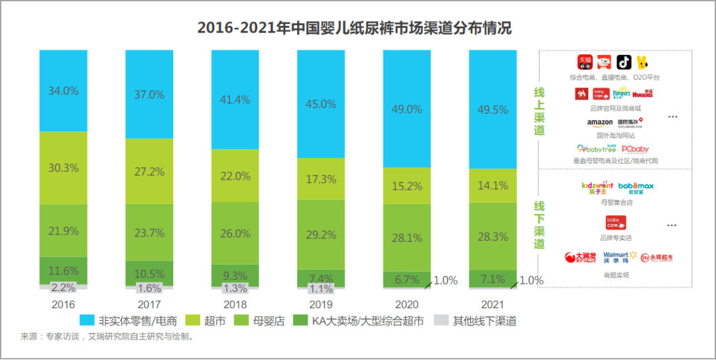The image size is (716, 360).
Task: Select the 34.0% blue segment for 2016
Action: tap(63, 91)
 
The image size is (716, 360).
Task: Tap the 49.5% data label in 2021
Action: tap(493, 109)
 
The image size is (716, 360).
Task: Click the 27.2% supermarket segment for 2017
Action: tap(149, 172)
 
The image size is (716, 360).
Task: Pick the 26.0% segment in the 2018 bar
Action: tap(235, 233)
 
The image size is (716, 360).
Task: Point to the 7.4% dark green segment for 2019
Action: tap(321, 278)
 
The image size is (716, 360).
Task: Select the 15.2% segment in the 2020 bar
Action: tap(406, 186)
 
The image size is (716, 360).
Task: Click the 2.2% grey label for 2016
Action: tap(63, 288)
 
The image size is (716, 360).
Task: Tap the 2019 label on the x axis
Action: tap(321, 304)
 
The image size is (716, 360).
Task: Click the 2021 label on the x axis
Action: tap(493, 304)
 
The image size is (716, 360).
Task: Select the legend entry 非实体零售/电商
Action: tap(130, 322)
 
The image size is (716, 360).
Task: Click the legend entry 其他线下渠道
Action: tap(477, 322)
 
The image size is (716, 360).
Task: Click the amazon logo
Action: tap(599, 123)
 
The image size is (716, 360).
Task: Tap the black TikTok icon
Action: tap(624, 62)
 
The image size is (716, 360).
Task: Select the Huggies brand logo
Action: tap(642, 94)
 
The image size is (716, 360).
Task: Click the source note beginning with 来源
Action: tap(106, 337)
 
